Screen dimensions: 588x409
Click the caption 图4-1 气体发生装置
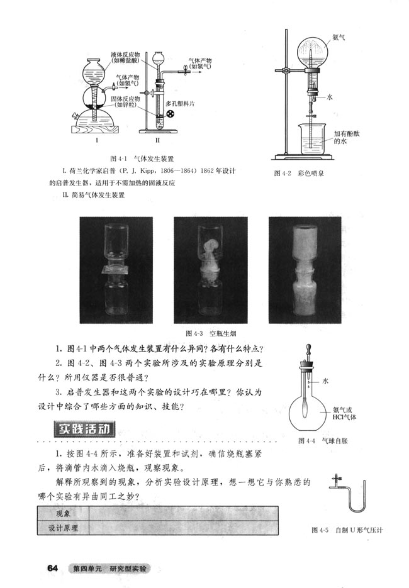pos(141,158)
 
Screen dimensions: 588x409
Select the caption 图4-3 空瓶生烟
pos(210,332)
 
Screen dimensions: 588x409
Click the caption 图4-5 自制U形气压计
pos(347,530)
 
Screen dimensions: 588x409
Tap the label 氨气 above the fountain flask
pos(339,37)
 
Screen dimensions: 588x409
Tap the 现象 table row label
pos(63,514)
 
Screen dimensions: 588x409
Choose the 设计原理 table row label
pos(63,528)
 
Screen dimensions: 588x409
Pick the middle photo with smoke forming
pos(210,270)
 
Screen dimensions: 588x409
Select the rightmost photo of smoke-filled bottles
pos(304,270)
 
